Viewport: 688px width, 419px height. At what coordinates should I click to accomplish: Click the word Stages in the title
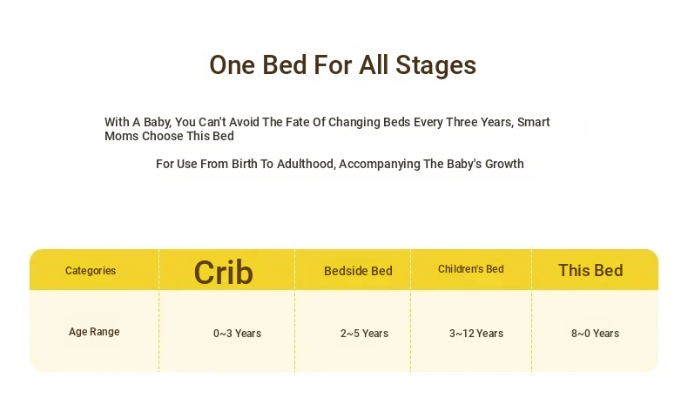pos(435,66)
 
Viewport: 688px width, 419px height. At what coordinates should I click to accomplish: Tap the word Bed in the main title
pos(284,65)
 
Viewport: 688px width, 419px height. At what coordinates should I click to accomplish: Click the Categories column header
pos(91,271)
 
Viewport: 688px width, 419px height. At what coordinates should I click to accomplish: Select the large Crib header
pos(223,273)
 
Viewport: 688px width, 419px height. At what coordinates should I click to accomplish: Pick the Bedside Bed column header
pos(358,271)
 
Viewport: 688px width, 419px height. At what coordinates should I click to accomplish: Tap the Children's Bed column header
pos(471,269)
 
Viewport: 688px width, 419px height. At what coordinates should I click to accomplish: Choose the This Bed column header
pos(590,270)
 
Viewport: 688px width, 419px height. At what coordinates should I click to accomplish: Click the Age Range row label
pos(94,332)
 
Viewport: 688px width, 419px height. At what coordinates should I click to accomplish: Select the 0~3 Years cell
pos(238,334)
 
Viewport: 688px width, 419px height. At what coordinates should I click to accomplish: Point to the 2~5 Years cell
pos(364,334)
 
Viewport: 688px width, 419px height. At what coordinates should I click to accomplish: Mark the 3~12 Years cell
pos(476,334)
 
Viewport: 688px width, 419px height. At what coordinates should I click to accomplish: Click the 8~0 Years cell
pos(595,334)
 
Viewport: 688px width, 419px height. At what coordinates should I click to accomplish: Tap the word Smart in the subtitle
pos(534,122)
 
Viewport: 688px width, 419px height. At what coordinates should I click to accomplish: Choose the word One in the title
pos(233,65)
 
